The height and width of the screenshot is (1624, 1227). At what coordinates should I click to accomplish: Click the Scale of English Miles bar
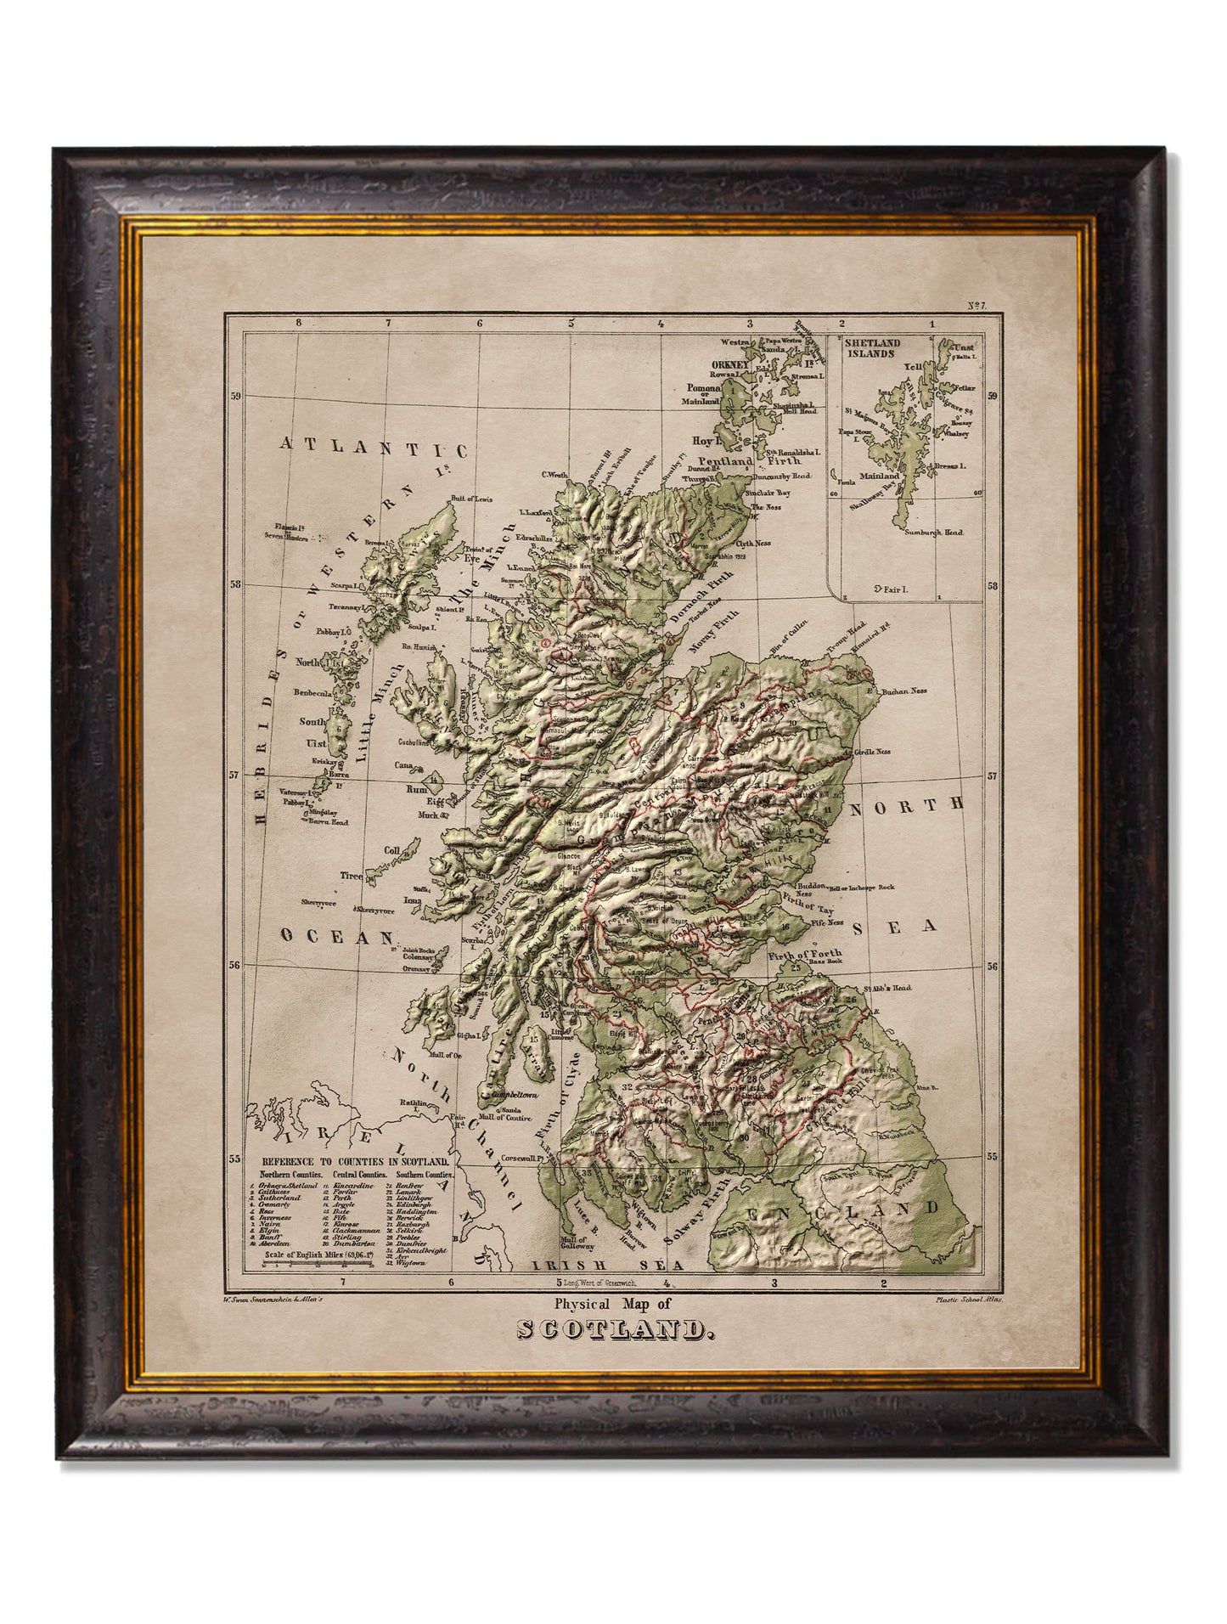(318, 1264)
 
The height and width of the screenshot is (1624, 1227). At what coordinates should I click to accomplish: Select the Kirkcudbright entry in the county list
(414, 1246)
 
